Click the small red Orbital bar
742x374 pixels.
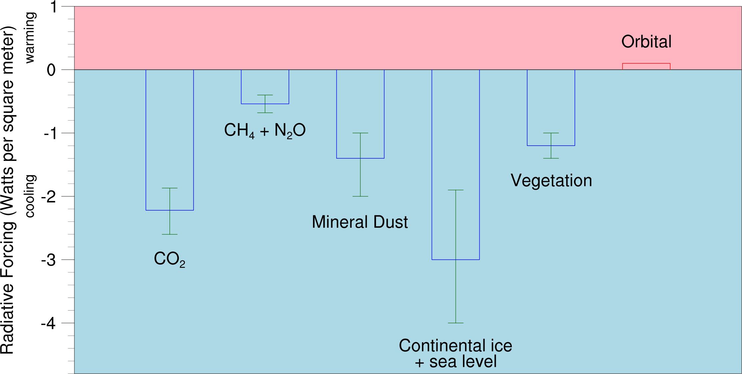click(x=646, y=66)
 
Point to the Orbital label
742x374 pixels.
click(x=646, y=42)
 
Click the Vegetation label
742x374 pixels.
click(x=551, y=181)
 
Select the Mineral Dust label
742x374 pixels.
click(x=360, y=222)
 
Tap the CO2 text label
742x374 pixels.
click(x=169, y=259)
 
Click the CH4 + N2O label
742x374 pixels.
click(x=265, y=130)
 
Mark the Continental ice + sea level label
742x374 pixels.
click(x=455, y=353)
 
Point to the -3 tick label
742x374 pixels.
click(x=49, y=260)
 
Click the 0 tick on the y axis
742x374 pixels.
click(x=51, y=70)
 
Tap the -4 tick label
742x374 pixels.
click(x=49, y=324)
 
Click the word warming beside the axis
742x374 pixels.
click(x=30, y=37)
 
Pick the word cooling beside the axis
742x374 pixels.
click(x=30, y=196)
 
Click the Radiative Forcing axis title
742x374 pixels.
click(x=8, y=190)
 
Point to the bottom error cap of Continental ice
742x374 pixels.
click(x=455, y=323)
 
